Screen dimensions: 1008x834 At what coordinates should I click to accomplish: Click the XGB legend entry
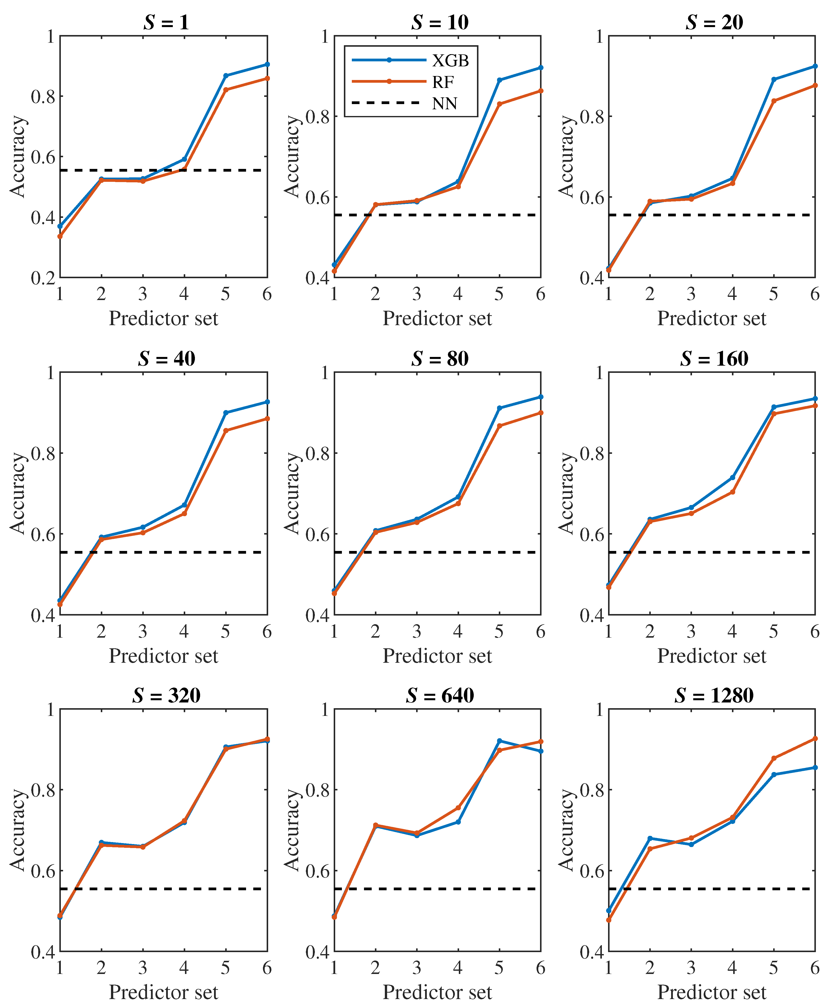point(450,60)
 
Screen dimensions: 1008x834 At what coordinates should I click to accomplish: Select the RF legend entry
point(442,82)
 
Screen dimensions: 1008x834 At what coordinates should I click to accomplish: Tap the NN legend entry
point(444,103)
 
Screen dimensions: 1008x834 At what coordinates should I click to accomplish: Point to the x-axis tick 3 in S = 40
point(143,631)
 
